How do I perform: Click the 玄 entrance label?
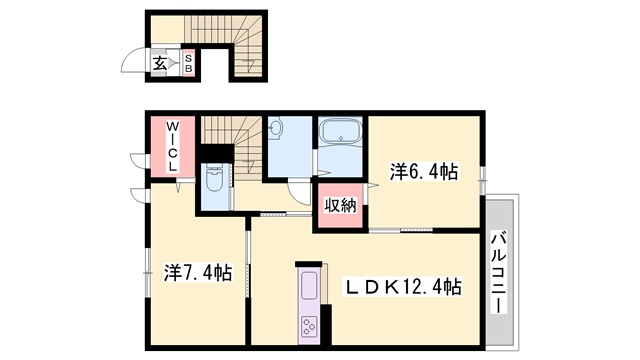(160, 64)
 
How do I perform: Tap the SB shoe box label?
(188, 64)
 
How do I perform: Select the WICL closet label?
(172, 146)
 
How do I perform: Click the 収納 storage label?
(340, 206)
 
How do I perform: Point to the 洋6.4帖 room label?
(424, 171)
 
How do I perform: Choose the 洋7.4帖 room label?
(198, 272)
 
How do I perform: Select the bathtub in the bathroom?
(340, 131)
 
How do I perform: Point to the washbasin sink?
(276, 127)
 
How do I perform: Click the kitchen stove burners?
(308, 325)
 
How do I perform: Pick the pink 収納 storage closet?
(341, 205)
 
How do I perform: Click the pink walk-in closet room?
(173, 147)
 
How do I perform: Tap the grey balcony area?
(500, 272)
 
